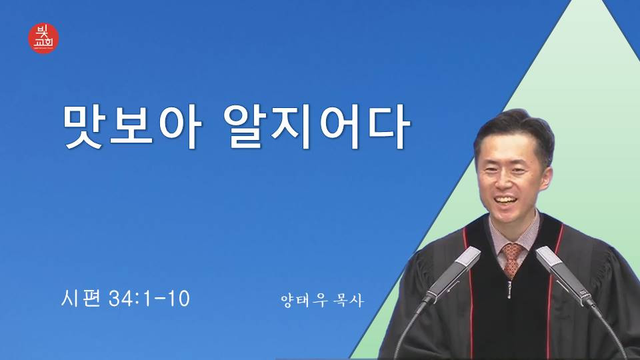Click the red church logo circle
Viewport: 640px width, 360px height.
(x=43, y=38)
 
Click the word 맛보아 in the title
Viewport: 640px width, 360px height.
(x=133, y=127)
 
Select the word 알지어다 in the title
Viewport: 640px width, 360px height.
(x=317, y=127)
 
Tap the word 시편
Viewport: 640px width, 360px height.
(x=81, y=298)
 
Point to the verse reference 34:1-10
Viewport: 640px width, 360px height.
(x=149, y=299)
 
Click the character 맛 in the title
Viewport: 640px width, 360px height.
(x=85, y=127)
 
